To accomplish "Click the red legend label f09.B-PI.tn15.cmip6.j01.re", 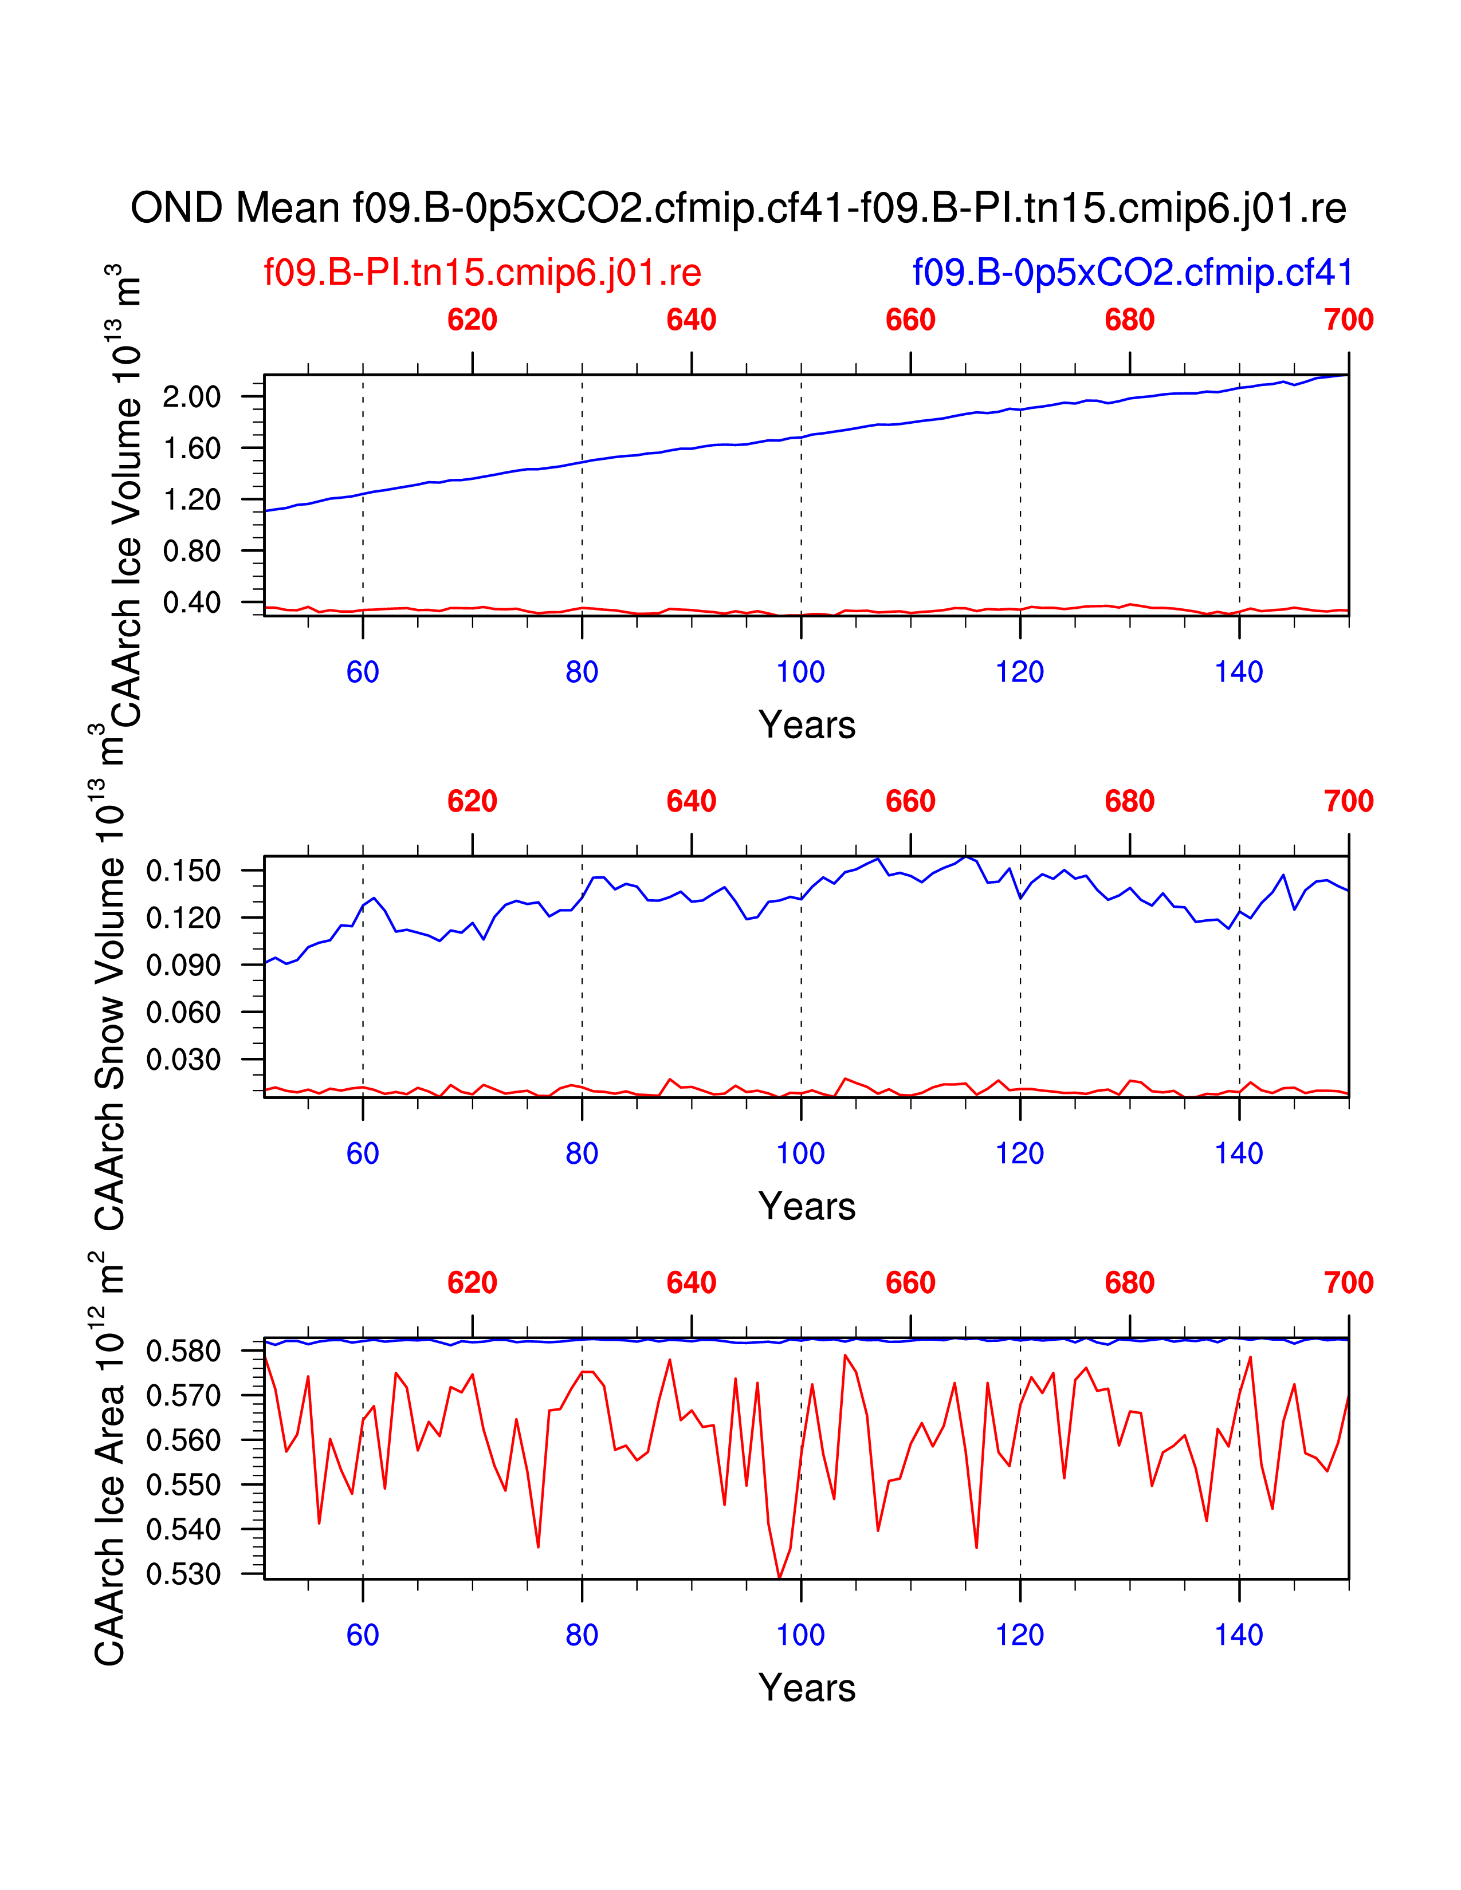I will tap(482, 273).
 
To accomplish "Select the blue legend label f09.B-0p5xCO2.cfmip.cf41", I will tap(1132, 273).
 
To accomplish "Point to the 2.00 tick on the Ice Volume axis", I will tap(192, 397).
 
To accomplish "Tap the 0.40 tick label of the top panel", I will tap(192, 603).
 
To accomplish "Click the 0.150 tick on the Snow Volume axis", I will tap(183, 871).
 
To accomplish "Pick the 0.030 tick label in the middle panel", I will tap(183, 1059).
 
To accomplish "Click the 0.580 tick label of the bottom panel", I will tap(183, 1351).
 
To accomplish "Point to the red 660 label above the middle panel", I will tap(910, 801).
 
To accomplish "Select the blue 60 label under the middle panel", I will tap(363, 1153).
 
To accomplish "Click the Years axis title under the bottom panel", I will tap(807, 1688).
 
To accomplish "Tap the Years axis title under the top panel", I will tap(807, 725).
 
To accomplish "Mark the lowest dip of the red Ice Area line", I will tap(779, 1577).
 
